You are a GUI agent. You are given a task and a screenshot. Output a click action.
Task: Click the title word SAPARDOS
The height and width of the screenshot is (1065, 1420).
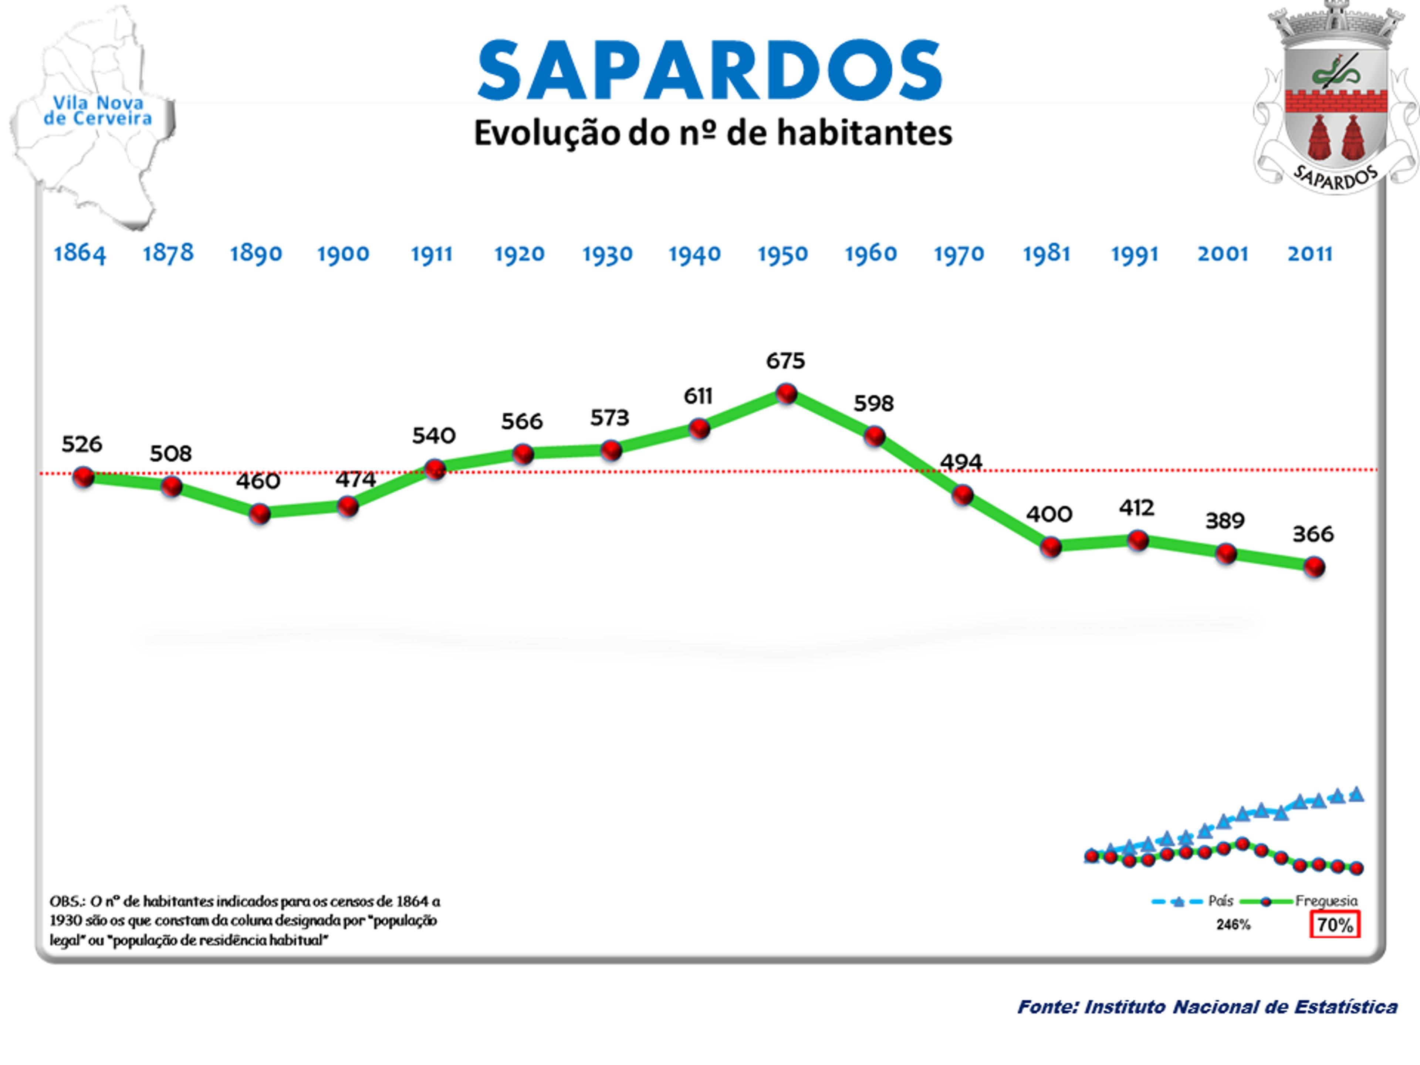pyautogui.click(x=709, y=71)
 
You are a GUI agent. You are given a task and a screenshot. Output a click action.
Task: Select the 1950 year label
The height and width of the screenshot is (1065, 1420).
pyautogui.click(x=782, y=254)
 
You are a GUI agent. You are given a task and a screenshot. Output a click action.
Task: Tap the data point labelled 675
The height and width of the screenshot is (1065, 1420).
pyautogui.click(x=787, y=393)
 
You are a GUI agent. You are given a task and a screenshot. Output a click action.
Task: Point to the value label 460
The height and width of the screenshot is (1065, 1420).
pyautogui.click(x=258, y=481)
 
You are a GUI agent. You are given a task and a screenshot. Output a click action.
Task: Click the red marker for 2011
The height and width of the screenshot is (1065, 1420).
pyautogui.click(x=1314, y=567)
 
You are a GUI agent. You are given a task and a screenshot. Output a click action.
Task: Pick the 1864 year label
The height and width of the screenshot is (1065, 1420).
pyautogui.click(x=80, y=254)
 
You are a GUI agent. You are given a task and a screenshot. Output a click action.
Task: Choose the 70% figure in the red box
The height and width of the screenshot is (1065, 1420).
pyautogui.click(x=1335, y=925)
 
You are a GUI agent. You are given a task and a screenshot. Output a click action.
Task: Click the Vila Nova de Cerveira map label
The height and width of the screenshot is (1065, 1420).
pyautogui.click(x=98, y=111)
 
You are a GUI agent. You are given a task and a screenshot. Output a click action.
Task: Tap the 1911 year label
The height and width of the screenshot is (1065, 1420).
pyautogui.click(x=432, y=254)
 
